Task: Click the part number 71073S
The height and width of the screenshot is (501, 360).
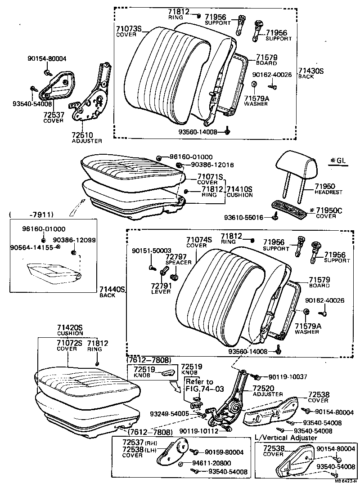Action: [x=129, y=28]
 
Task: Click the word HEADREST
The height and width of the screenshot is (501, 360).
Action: [x=328, y=192]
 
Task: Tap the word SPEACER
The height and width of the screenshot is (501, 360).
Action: [x=179, y=262]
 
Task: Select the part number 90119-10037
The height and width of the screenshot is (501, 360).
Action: [x=288, y=376]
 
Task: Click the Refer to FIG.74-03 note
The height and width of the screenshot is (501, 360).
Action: [x=199, y=385]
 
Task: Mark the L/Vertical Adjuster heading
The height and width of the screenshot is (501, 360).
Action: [x=286, y=438]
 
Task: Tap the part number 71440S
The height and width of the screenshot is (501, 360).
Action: [x=112, y=289]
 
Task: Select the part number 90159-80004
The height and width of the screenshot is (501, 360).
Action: [x=224, y=452]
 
